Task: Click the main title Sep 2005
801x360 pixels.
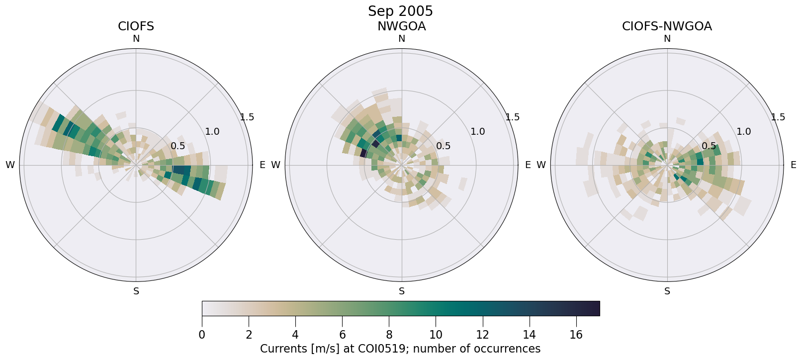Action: (400, 11)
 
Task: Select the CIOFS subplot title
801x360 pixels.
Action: (136, 26)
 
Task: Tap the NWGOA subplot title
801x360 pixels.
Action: (401, 26)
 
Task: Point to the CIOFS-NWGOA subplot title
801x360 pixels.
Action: (667, 26)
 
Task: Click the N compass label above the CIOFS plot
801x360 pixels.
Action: (136, 39)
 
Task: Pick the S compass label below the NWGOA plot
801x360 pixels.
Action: (401, 291)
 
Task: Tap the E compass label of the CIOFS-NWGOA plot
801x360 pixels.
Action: (793, 165)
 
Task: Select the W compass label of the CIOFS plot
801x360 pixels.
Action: (10, 165)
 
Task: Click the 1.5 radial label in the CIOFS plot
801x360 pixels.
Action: (247, 117)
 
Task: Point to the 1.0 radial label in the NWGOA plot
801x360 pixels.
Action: (477, 132)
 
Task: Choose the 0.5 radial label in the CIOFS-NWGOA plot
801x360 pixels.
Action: (709, 146)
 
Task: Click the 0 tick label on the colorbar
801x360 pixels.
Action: (202, 335)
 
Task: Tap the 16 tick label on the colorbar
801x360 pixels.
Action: (576, 335)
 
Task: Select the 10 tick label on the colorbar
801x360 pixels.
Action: (436, 335)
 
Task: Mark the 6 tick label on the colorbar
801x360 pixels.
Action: (342, 335)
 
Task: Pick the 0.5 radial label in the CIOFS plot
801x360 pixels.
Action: (178, 146)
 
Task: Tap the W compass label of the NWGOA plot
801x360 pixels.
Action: (275, 165)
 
